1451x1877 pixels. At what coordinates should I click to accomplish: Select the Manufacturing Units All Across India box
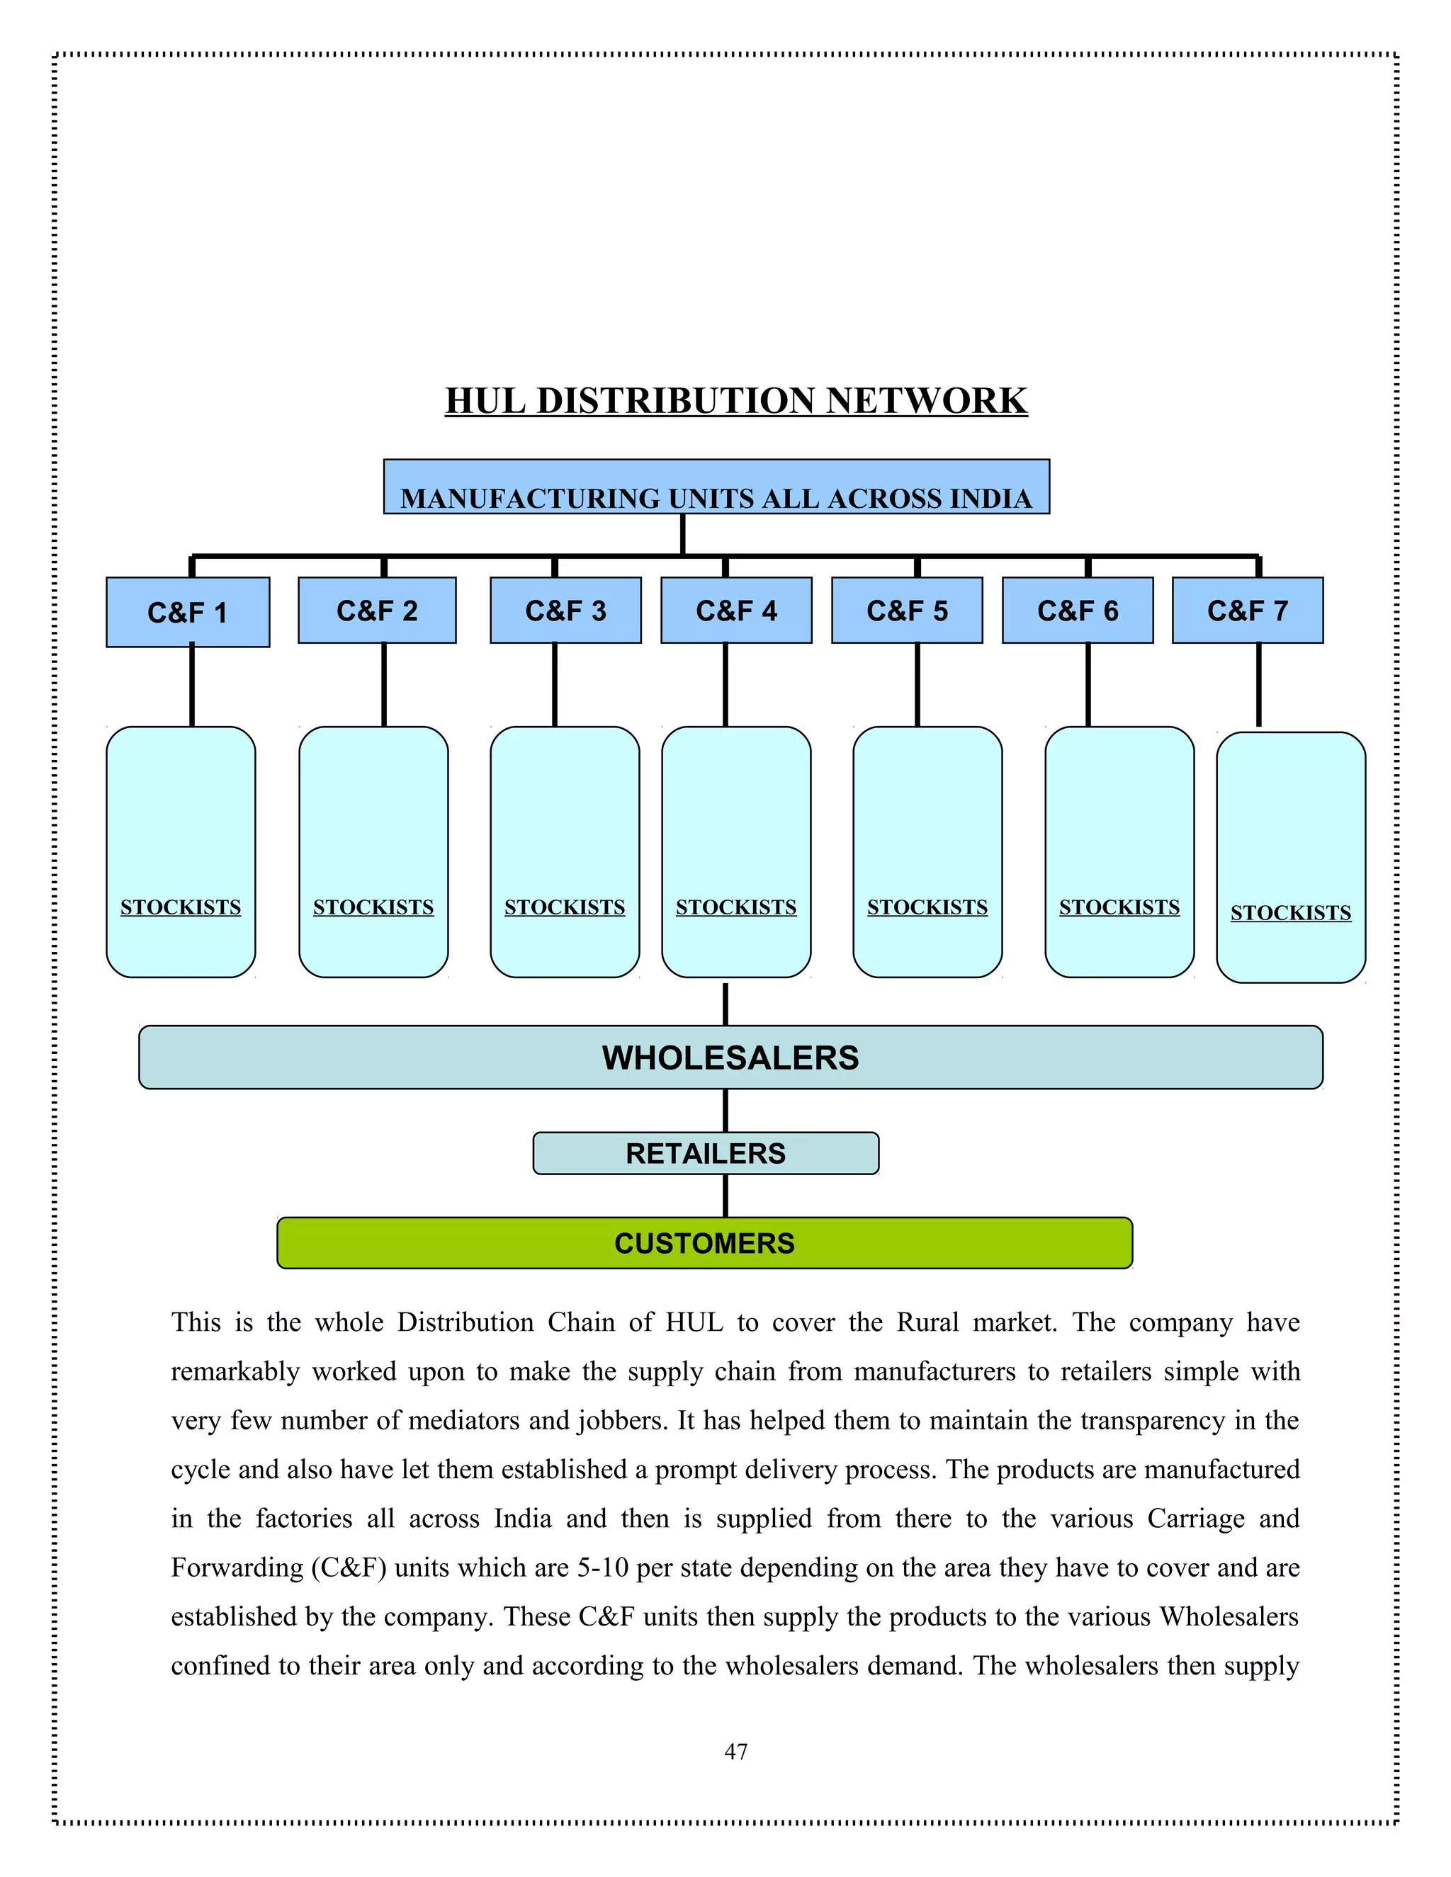[x=716, y=487]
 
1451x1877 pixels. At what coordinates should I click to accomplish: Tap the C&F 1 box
[x=187, y=612]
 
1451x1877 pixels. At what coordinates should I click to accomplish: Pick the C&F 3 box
[x=565, y=610]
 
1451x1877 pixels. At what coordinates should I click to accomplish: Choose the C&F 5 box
[x=907, y=610]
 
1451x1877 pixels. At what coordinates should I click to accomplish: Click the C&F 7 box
[x=1247, y=610]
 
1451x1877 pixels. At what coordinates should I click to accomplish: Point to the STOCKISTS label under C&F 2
[x=373, y=907]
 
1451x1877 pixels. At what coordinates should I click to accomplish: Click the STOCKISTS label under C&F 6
[x=1119, y=907]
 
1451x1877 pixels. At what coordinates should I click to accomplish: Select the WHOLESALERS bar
[x=730, y=1057]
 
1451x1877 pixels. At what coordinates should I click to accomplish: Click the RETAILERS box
[x=706, y=1153]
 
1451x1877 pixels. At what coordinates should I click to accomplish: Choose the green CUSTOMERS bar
[x=705, y=1243]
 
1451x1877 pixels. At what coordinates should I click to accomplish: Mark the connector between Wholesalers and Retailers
[x=725, y=1111]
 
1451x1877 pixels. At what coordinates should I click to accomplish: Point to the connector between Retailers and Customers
[x=725, y=1196]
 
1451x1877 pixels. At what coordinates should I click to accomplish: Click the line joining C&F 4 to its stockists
[x=725, y=684]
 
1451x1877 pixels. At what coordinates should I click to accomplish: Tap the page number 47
[x=736, y=1752]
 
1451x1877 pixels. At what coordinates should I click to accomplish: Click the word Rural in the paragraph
[x=927, y=1322]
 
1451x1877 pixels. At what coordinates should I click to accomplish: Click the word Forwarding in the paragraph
[x=237, y=1567]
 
